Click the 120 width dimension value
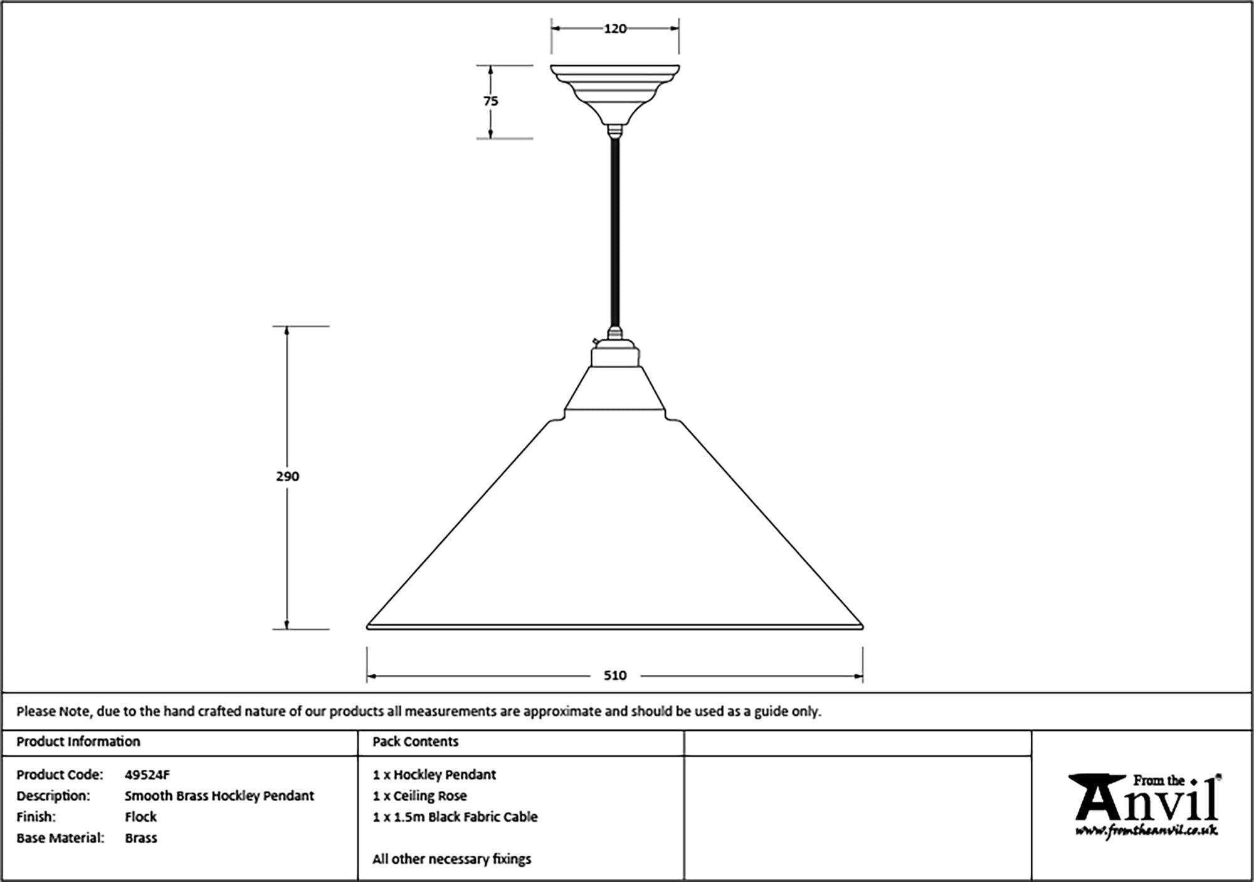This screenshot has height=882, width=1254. [x=614, y=29]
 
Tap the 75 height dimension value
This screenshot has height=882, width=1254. [x=491, y=101]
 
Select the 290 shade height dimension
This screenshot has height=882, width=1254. [x=288, y=477]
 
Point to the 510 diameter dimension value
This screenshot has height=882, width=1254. [x=614, y=676]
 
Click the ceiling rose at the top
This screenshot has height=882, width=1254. [x=614, y=91]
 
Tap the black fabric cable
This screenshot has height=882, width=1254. [x=615, y=232]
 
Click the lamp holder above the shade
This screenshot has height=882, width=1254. [x=615, y=353]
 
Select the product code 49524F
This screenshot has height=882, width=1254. [x=147, y=775]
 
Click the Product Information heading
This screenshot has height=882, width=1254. [x=78, y=741]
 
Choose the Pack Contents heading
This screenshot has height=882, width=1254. [x=415, y=741]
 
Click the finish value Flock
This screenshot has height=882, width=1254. [x=140, y=817]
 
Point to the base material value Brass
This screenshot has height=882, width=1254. [x=140, y=838]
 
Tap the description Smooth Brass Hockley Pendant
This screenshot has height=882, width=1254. [x=219, y=796]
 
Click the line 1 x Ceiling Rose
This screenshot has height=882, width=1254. [x=419, y=796]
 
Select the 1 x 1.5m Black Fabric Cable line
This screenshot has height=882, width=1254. [x=455, y=817]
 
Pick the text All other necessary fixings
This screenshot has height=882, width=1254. [x=451, y=859]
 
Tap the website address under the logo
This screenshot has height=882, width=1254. [x=1146, y=832]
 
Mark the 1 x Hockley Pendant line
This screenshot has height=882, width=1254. [x=434, y=775]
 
